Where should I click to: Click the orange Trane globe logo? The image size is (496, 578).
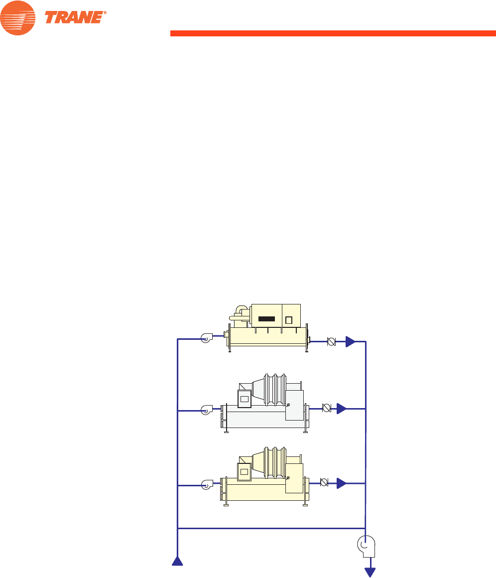(x=18, y=18)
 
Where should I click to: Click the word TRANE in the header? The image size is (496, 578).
(x=75, y=17)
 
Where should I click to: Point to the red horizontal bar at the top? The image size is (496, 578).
(x=333, y=33)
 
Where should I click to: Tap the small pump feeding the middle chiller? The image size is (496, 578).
(x=207, y=410)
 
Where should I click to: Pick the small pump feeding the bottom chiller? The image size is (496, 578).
(x=207, y=484)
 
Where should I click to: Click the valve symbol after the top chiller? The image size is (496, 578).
(x=330, y=342)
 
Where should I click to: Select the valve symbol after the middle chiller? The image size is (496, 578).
(x=327, y=408)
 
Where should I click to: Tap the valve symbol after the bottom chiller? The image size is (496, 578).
(x=324, y=482)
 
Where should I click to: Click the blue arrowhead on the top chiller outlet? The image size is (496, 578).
(x=351, y=342)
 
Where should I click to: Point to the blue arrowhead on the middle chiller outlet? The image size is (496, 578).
(x=341, y=409)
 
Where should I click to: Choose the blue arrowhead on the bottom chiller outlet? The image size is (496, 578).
(x=341, y=483)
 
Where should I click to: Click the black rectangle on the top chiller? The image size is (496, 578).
(x=266, y=319)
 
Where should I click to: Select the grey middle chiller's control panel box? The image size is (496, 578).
(x=245, y=398)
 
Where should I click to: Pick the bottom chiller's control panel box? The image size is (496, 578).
(x=245, y=471)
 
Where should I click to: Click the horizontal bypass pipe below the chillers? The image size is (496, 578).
(x=271, y=528)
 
